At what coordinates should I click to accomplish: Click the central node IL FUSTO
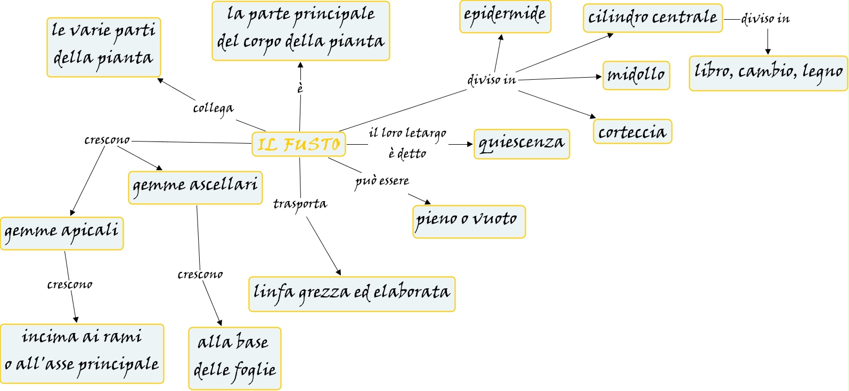pos(298,144)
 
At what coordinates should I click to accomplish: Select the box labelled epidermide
pos(505,16)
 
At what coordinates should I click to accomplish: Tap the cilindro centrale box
pos(652,18)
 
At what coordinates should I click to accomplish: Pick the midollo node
pos(636,75)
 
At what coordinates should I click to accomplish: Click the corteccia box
pos(632,131)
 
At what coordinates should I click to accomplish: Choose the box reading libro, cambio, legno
pos(768,73)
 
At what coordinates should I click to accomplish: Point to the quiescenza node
pos(521,144)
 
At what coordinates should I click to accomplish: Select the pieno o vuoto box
pos(469,221)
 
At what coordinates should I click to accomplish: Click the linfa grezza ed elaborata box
pos(352,294)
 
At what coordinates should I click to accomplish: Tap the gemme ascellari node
pos(195,187)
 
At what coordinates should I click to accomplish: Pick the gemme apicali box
pos(61,233)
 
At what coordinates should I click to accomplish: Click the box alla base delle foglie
pos(234,357)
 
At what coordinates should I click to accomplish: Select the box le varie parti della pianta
pos(103,47)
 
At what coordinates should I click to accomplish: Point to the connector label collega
pos(213,109)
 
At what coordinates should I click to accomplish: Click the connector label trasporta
pos(300,204)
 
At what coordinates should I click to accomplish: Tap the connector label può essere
pos(382,181)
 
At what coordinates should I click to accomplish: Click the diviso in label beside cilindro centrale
pos(765,19)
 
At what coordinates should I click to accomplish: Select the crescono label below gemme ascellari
pos(200,274)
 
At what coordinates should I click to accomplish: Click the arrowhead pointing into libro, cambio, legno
pos(768,52)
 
